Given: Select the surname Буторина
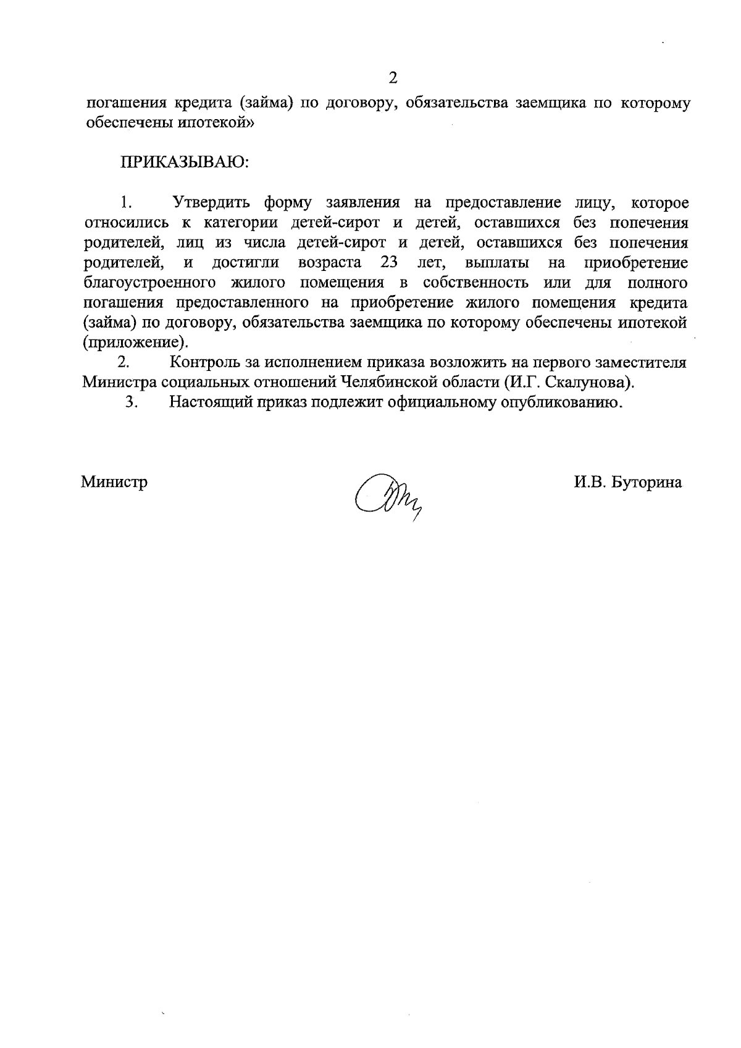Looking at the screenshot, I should (x=647, y=482).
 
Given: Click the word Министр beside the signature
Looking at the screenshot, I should (x=114, y=482).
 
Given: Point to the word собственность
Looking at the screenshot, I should (x=475, y=283).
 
